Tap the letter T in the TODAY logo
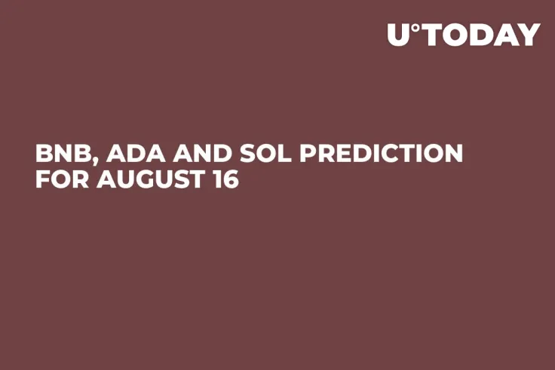pyautogui.click(x=431, y=35)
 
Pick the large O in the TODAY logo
pyautogui.click(x=455, y=35)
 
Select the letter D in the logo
pyautogui.click(x=480, y=35)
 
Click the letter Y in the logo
pyautogui.click(x=529, y=35)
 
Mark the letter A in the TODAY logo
pyautogui.click(x=505, y=35)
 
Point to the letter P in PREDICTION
pyautogui.click(x=309, y=154)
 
